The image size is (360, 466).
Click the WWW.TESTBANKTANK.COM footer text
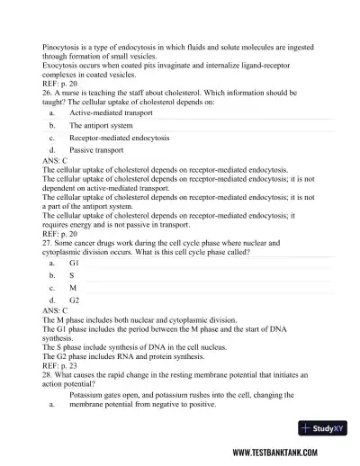[x=288, y=452]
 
